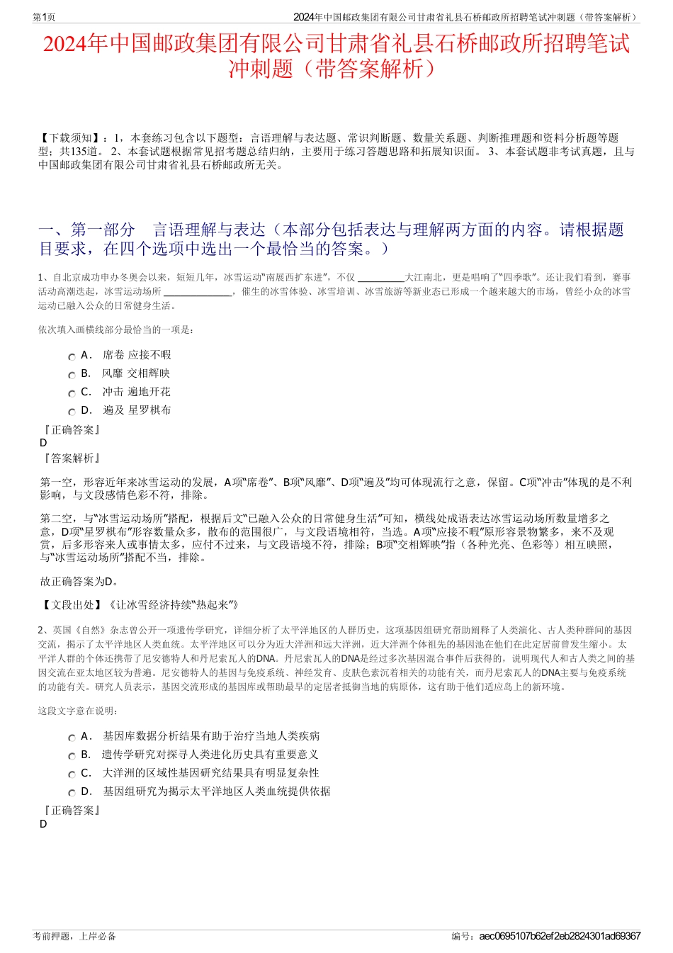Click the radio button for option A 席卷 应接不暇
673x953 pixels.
point(72,357)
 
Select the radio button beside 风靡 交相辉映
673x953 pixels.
point(72,376)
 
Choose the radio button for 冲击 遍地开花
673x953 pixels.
point(72,394)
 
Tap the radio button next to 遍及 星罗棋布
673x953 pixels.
point(72,412)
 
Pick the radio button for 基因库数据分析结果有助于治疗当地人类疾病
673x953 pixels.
point(72,738)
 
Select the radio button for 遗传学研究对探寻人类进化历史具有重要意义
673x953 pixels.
point(72,757)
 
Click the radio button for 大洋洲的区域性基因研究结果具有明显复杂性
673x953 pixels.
point(72,775)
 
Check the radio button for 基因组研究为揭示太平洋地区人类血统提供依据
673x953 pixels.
point(72,794)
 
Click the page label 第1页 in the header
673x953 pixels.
point(45,17)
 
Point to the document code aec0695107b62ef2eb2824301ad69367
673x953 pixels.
point(560,936)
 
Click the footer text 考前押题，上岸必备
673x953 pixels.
point(74,936)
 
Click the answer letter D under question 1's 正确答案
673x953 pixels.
point(44,443)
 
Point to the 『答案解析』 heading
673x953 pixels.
point(71,458)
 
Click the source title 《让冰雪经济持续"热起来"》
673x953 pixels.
point(173,604)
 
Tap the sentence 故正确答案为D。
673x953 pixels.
point(79,582)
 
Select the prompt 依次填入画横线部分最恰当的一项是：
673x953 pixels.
point(117,329)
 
